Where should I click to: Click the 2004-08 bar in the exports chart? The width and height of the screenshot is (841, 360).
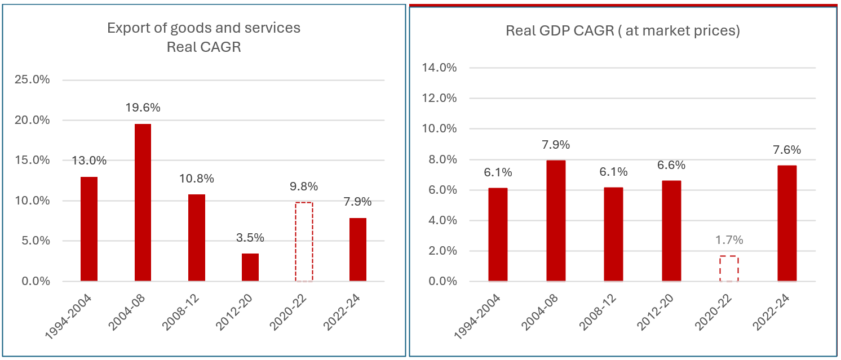tap(143, 203)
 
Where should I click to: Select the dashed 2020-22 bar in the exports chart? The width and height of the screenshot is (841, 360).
tap(304, 242)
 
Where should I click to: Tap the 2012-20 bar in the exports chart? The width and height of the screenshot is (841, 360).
tap(250, 268)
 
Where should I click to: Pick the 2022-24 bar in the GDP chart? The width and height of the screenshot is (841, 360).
tap(787, 223)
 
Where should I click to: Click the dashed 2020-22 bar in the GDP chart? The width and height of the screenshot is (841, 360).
tap(729, 269)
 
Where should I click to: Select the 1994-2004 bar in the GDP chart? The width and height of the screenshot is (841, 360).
tap(498, 234)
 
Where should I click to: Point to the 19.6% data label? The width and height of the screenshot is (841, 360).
tap(142, 108)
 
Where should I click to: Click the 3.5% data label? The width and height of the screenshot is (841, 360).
tap(250, 238)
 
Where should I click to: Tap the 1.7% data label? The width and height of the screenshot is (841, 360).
tap(729, 240)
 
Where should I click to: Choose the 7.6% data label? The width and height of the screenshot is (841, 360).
tap(787, 150)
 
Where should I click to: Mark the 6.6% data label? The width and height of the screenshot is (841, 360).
tap(671, 165)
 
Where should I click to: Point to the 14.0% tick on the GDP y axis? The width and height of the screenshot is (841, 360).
tap(439, 68)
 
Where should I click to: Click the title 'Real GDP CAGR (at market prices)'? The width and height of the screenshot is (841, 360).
tap(622, 30)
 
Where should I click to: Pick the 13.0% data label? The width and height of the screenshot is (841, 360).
tap(89, 161)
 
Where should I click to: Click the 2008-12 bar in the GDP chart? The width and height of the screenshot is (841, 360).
tap(613, 234)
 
